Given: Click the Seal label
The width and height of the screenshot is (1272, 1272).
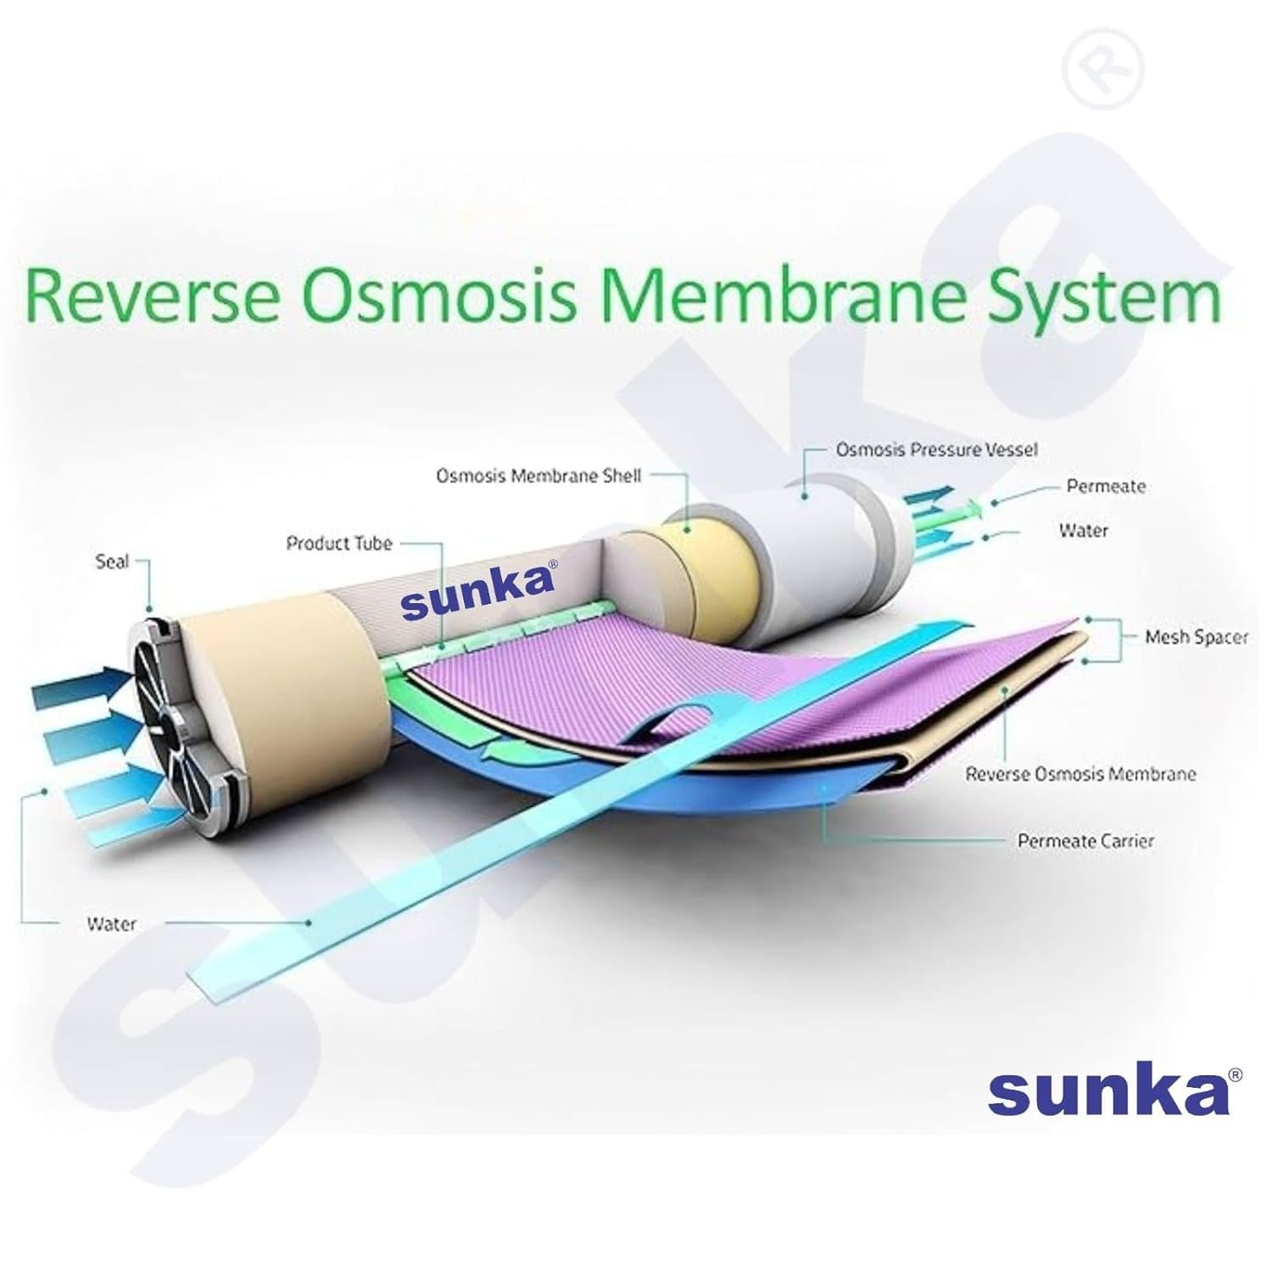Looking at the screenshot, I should [x=112, y=562].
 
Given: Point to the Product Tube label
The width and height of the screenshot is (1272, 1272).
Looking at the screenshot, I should [x=339, y=543].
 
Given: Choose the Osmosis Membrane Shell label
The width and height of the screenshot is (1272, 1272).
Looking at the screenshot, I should [x=538, y=476].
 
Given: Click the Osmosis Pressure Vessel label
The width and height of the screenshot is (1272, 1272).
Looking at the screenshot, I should [x=936, y=449].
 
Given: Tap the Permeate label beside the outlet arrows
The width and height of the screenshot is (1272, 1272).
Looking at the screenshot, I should [x=1106, y=487].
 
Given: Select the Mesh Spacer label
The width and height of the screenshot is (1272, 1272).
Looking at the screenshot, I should [x=1197, y=637].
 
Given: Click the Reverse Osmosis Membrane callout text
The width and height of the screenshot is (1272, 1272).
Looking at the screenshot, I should [x=1081, y=773].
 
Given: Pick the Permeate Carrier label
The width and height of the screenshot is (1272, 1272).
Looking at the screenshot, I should [x=1085, y=841].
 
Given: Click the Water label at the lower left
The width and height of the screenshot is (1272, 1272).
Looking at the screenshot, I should [x=111, y=923].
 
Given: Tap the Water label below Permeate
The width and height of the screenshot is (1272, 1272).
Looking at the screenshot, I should [x=1084, y=531].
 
